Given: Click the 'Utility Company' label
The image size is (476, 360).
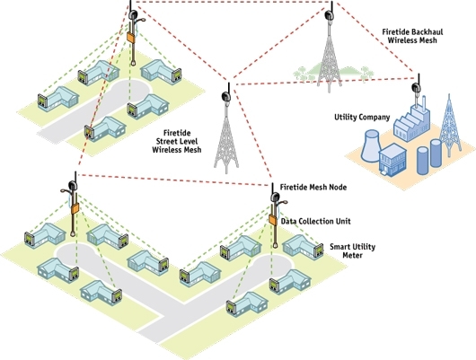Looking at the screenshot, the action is pos(362,118).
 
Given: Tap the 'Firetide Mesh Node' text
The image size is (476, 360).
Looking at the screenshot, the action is pos(313,187).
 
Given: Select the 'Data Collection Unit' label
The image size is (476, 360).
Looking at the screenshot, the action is pos(316,221).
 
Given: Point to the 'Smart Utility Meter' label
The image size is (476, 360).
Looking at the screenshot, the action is pos(352,250).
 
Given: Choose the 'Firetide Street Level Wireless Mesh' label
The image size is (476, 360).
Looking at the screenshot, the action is pos(177,141).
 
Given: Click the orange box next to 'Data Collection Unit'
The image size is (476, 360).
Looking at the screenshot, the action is pos(272,219).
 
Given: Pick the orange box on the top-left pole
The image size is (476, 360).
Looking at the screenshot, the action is pos(131,37).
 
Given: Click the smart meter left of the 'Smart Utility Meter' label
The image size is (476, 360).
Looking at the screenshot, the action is pos(318,250).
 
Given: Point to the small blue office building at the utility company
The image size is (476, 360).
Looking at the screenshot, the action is pos(392,160).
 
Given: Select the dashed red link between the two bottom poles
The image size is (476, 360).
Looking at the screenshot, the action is pos(173,180).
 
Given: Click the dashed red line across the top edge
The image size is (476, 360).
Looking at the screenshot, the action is pos(232,2).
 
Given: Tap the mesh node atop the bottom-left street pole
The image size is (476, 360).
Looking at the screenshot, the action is pos(73,185).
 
